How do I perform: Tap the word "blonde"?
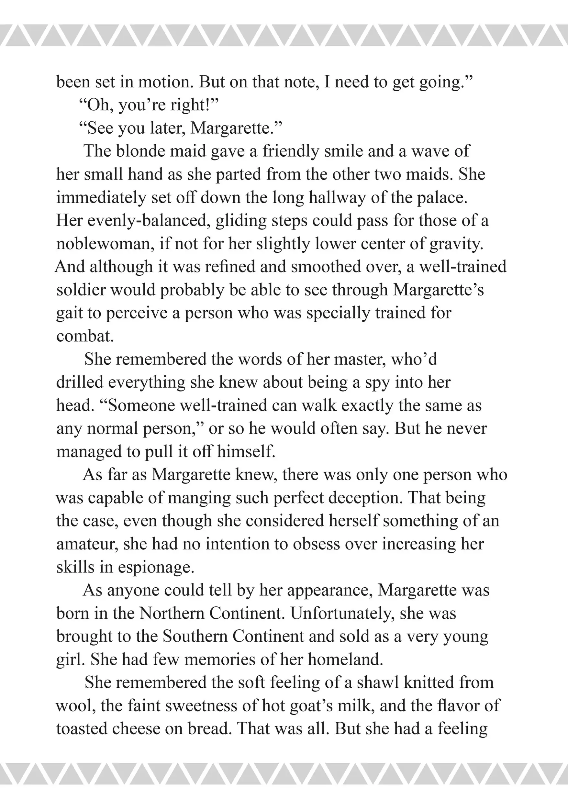click(x=141, y=151)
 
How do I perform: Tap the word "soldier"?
click(x=81, y=290)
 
